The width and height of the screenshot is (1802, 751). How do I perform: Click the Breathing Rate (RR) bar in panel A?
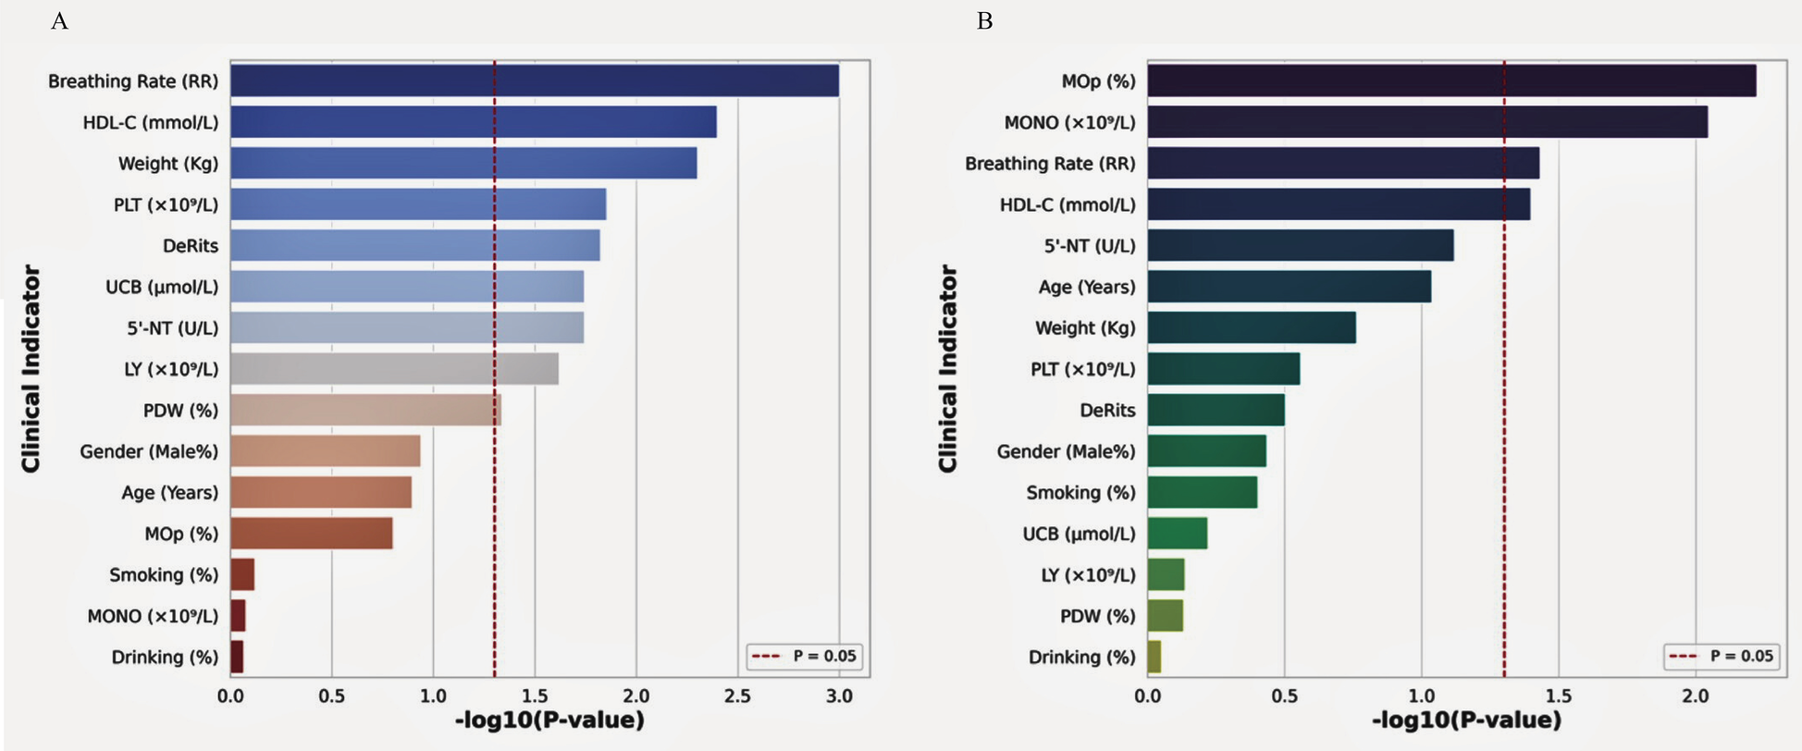click(534, 80)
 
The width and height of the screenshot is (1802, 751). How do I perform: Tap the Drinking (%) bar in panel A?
click(237, 657)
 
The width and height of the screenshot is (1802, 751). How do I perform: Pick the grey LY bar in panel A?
click(394, 369)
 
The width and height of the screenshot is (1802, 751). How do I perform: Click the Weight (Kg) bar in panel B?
click(1251, 327)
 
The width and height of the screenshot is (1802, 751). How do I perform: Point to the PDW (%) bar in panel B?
click(1165, 616)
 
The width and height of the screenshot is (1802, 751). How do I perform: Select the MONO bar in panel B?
click(1426, 122)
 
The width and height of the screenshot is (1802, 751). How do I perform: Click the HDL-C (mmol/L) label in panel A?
click(150, 122)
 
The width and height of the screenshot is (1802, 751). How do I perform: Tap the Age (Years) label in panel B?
click(1086, 287)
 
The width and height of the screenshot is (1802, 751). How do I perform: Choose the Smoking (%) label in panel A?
click(163, 575)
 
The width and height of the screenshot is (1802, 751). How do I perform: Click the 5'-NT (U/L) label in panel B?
click(1089, 246)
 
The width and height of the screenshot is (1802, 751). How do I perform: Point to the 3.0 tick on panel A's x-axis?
click(838, 696)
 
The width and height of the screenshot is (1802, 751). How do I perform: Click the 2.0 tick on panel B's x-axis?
click(1695, 696)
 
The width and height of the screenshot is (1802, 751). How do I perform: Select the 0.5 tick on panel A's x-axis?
click(331, 696)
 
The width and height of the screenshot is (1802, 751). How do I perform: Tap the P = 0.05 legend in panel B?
click(1724, 657)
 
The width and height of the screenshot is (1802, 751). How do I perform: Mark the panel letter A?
click(59, 21)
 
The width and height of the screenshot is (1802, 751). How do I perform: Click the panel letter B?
click(984, 21)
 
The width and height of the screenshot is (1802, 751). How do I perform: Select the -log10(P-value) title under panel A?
click(549, 720)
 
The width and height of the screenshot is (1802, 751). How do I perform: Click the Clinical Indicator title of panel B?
click(948, 368)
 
